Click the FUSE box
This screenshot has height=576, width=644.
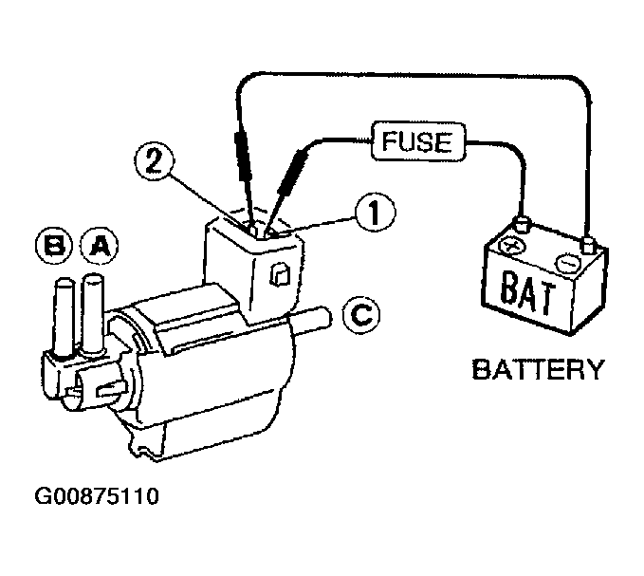418,143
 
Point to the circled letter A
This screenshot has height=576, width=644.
99,247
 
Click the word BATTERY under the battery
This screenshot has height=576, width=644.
537,368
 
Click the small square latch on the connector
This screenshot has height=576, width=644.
280,275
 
